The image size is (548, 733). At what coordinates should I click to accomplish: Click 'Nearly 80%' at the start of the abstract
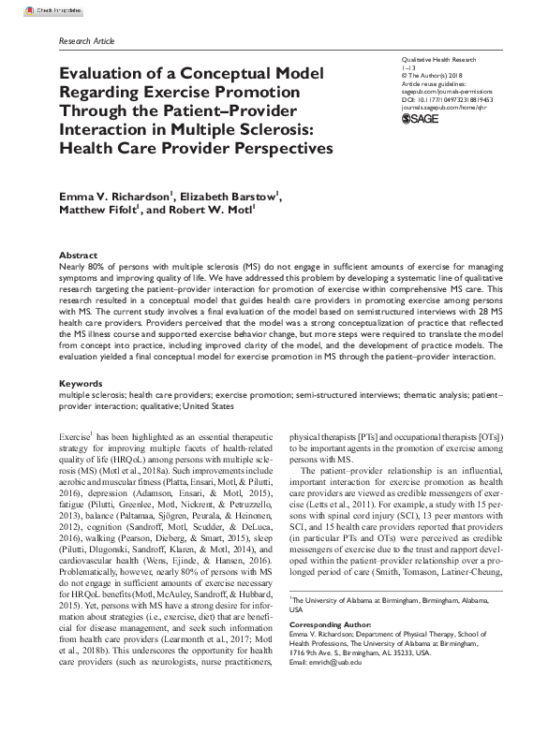[80, 267]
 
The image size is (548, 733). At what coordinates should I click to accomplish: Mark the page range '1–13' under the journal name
[407, 67]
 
